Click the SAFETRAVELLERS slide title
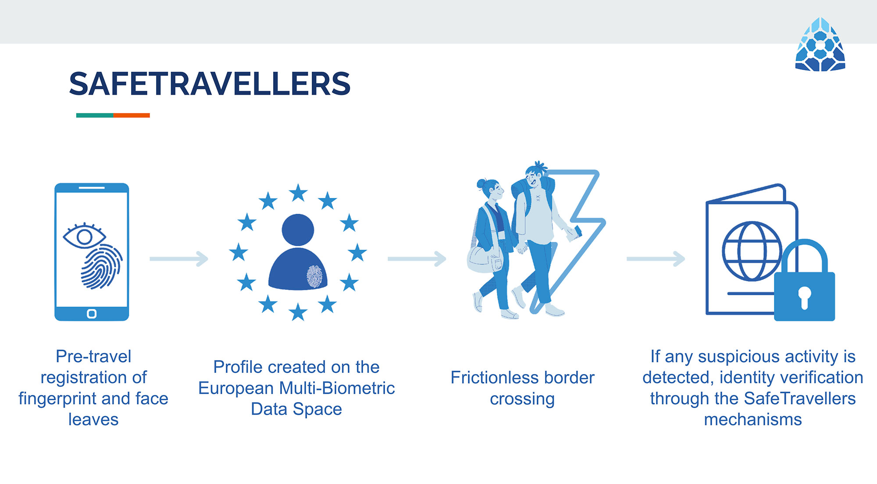pos(210,84)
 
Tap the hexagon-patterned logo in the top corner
pos(820,44)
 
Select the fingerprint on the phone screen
pos(102,266)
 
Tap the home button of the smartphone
pos(92,314)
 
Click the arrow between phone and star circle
pos(179,259)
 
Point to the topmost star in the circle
pos(298,193)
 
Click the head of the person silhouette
pos(298,230)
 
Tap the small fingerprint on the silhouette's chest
pos(314,276)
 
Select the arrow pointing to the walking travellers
pos(417,259)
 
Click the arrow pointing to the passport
pos(656,259)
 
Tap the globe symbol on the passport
pos(752,251)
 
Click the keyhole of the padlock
pos(804,298)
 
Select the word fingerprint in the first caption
pos(57,399)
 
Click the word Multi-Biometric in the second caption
pos(337,388)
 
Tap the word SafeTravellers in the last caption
pos(800,399)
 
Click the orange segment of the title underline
pos(132,115)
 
